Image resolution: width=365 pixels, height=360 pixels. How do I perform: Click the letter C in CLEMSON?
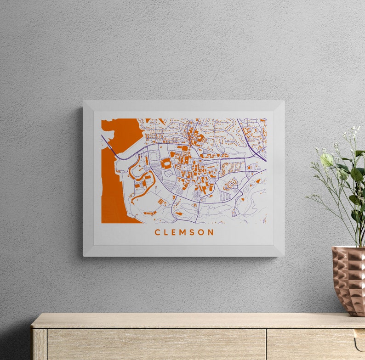157,232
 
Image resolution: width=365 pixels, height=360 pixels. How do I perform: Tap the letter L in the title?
166,232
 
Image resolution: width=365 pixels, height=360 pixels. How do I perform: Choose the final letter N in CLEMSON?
211,232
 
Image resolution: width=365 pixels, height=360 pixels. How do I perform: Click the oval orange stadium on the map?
166,163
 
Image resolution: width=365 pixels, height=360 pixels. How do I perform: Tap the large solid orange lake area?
113,184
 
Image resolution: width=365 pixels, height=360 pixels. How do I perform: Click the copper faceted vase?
349,280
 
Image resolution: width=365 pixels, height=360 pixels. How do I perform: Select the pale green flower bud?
327,160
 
